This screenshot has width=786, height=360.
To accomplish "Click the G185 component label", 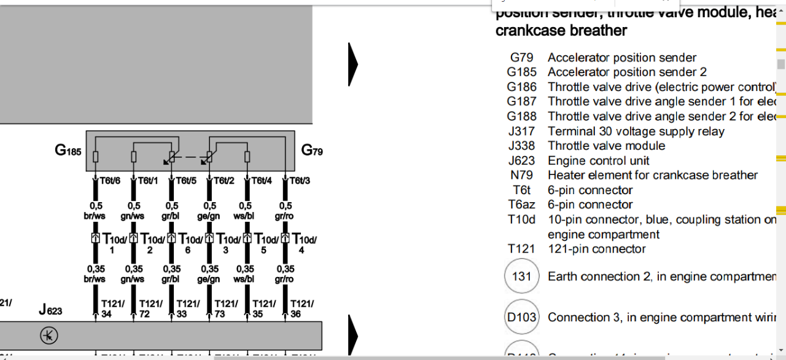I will tap(68, 149).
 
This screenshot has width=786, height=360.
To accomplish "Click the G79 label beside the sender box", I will tap(312, 151).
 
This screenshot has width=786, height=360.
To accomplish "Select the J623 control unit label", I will tap(50, 310).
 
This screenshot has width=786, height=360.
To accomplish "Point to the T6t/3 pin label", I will tap(299, 181).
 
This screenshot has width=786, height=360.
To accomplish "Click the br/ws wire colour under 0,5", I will tap(95, 216).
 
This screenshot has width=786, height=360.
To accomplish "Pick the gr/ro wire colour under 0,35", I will tap(284, 278).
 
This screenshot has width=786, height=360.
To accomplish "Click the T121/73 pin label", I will tap(225, 308).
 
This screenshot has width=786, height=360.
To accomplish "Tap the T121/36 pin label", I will tap(302, 308).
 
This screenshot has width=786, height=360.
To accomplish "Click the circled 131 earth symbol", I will tap(521, 276).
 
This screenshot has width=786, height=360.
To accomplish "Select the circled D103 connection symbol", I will tap(521, 318).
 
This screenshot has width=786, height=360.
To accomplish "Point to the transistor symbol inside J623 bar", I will tap(47, 335).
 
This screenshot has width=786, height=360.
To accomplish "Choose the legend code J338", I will tap(522, 146).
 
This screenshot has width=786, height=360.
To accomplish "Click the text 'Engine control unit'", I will tap(599, 160).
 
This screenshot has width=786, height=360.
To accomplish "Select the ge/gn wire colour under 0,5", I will tap(209, 216).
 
